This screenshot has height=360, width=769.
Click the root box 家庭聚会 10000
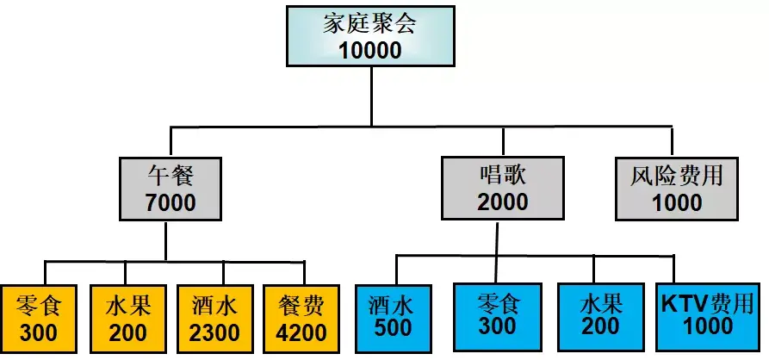(x=370, y=35)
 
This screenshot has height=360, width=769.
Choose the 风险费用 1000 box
(x=675, y=189)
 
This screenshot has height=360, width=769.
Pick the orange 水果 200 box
(x=127, y=318)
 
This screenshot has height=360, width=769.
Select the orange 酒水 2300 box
(x=213, y=318)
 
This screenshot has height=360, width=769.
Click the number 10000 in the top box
(x=370, y=50)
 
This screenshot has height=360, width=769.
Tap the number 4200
(x=301, y=332)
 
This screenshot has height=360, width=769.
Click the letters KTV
(x=684, y=303)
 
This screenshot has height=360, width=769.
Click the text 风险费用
(x=675, y=177)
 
